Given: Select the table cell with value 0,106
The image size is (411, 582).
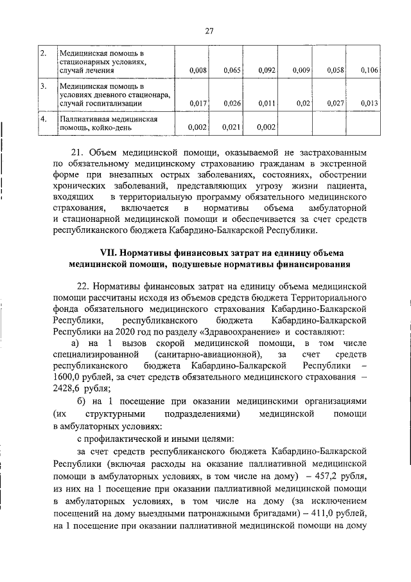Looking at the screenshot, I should tap(369, 69).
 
